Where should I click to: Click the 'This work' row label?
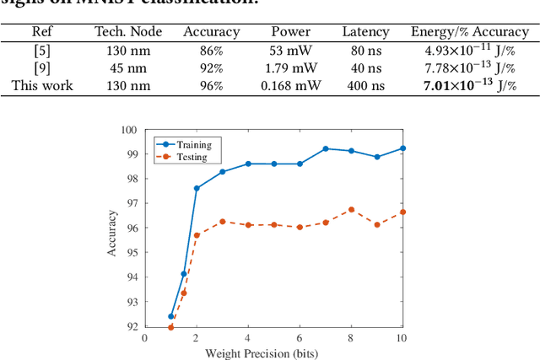tap(41, 85)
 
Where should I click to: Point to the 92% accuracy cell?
tap(211, 67)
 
